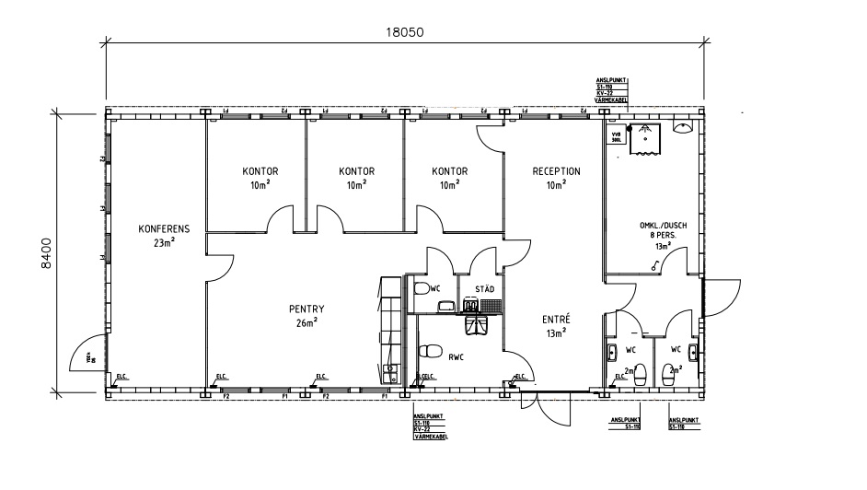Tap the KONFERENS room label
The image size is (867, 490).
pyautogui.click(x=164, y=229)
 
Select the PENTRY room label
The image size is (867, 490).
pyautogui.click(x=306, y=309)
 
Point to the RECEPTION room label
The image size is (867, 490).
pyautogui.click(x=556, y=171)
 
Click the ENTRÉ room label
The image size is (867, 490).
pyautogui.click(x=556, y=319)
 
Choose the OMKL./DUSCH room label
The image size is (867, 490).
pyautogui.click(x=663, y=226)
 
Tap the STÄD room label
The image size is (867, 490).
pyautogui.click(x=484, y=289)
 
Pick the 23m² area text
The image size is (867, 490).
pyautogui.click(x=164, y=243)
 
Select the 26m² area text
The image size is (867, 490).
pyautogui.click(x=306, y=323)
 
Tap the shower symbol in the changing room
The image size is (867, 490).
pyautogui.click(x=648, y=139)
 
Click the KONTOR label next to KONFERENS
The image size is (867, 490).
pyautogui.click(x=260, y=171)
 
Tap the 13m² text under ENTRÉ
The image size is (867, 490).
pyautogui.click(x=556, y=332)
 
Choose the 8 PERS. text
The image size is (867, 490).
pyautogui.click(x=663, y=236)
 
